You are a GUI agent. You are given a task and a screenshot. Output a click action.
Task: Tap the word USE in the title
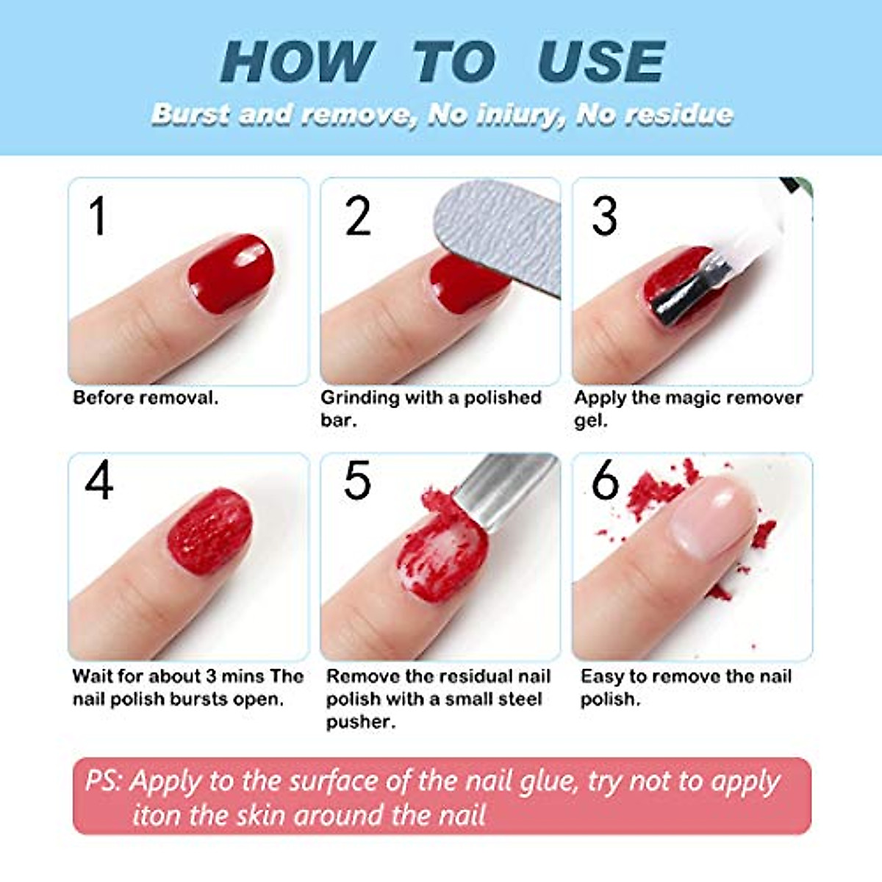click(x=600, y=62)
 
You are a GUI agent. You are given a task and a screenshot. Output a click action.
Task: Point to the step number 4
click(x=99, y=482)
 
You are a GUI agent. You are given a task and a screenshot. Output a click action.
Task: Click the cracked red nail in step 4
click(x=209, y=531)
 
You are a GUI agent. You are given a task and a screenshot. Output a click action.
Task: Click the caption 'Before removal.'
click(x=146, y=398)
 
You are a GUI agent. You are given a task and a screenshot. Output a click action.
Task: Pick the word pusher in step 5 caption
click(x=360, y=722)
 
